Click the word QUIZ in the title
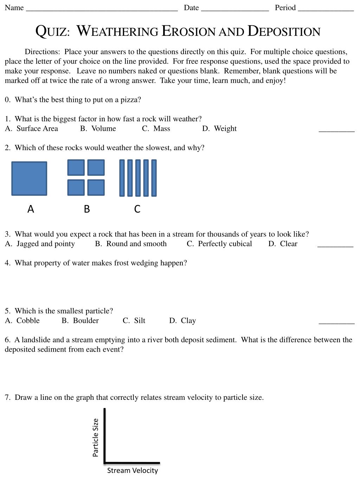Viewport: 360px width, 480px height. coord(52,31)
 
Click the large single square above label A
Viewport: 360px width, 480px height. coord(29,178)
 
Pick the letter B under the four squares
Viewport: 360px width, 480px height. coord(87,209)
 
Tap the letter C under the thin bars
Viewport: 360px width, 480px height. coord(137,209)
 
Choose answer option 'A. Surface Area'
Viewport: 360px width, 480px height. coord(32,129)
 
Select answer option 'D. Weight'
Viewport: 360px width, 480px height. coord(219,129)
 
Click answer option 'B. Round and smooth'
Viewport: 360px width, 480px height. coord(131,244)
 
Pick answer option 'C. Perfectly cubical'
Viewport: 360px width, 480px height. coord(219,244)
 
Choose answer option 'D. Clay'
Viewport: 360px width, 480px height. coord(182,321)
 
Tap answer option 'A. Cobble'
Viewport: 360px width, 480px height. coord(22,321)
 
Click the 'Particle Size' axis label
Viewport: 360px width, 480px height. coord(95,437)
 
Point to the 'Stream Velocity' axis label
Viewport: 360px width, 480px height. coord(133,471)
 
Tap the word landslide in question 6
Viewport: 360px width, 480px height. coord(36,340)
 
